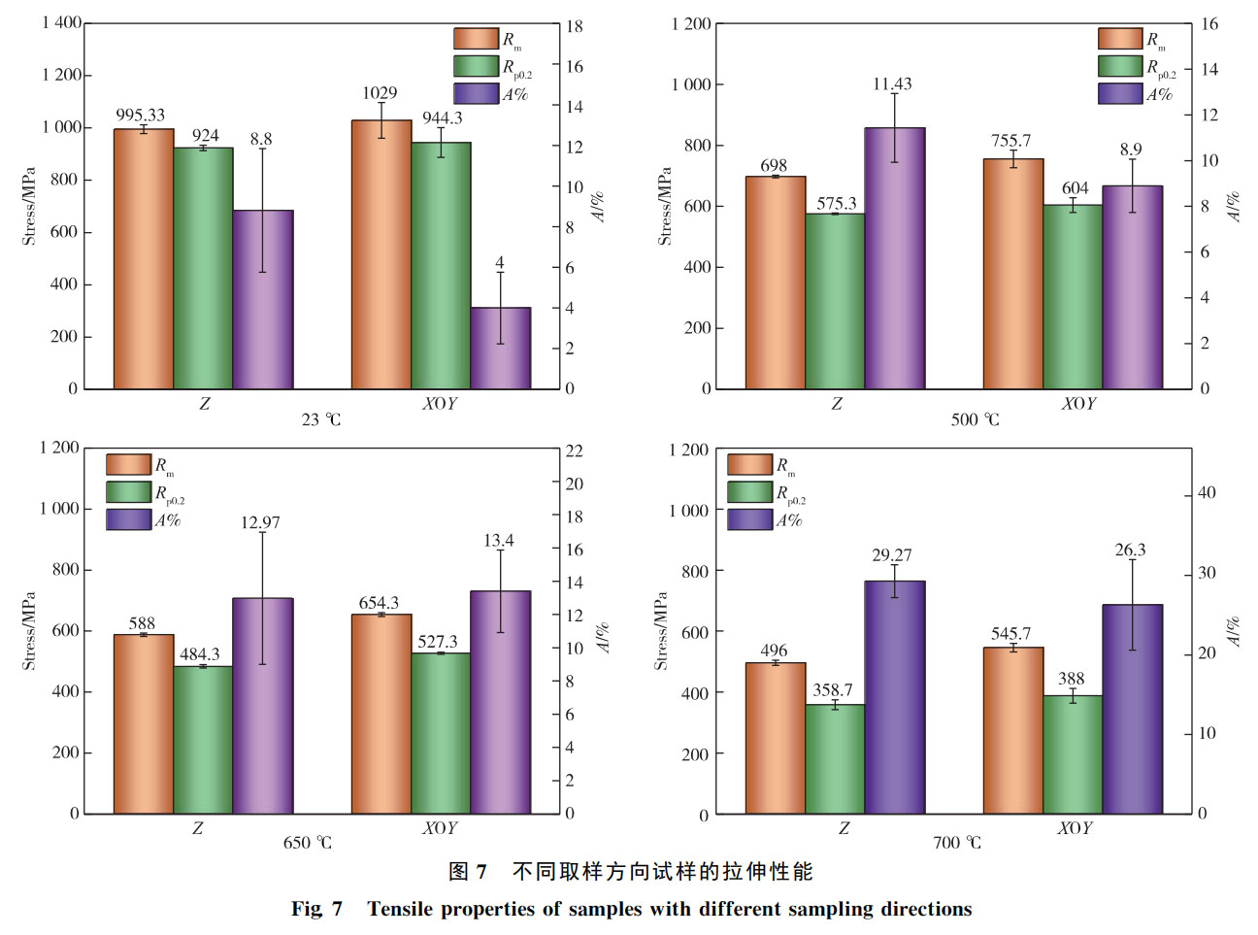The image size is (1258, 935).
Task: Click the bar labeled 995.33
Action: click(x=144, y=259)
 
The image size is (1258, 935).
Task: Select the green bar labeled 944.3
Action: click(x=441, y=266)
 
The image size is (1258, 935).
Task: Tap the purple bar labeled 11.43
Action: click(x=894, y=258)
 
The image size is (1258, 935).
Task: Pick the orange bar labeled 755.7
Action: click(x=1012, y=274)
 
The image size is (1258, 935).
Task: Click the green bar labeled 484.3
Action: click(x=203, y=740)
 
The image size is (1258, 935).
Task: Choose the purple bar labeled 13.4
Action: click(x=500, y=702)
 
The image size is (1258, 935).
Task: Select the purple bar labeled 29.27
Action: click(x=894, y=697)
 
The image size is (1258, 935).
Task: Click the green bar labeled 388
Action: click(x=1072, y=754)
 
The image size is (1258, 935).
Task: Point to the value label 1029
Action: click(x=380, y=93)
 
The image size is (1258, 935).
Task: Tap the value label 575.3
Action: click(x=836, y=203)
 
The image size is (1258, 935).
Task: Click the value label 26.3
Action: click(x=1130, y=550)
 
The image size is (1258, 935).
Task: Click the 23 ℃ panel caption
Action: click(x=320, y=419)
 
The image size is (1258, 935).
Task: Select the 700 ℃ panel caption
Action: click(x=956, y=842)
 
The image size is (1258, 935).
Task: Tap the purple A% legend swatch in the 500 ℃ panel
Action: click(x=1120, y=94)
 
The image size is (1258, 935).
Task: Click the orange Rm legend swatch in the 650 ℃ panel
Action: click(x=128, y=465)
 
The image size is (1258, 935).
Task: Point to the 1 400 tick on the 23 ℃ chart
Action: click(x=61, y=22)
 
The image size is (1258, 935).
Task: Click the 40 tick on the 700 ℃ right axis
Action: click(x=1206, y=492)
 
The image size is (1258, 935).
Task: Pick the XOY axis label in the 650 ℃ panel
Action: click(x=440, y=827)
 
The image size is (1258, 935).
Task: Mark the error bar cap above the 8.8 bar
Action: click(x=263, y=149)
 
